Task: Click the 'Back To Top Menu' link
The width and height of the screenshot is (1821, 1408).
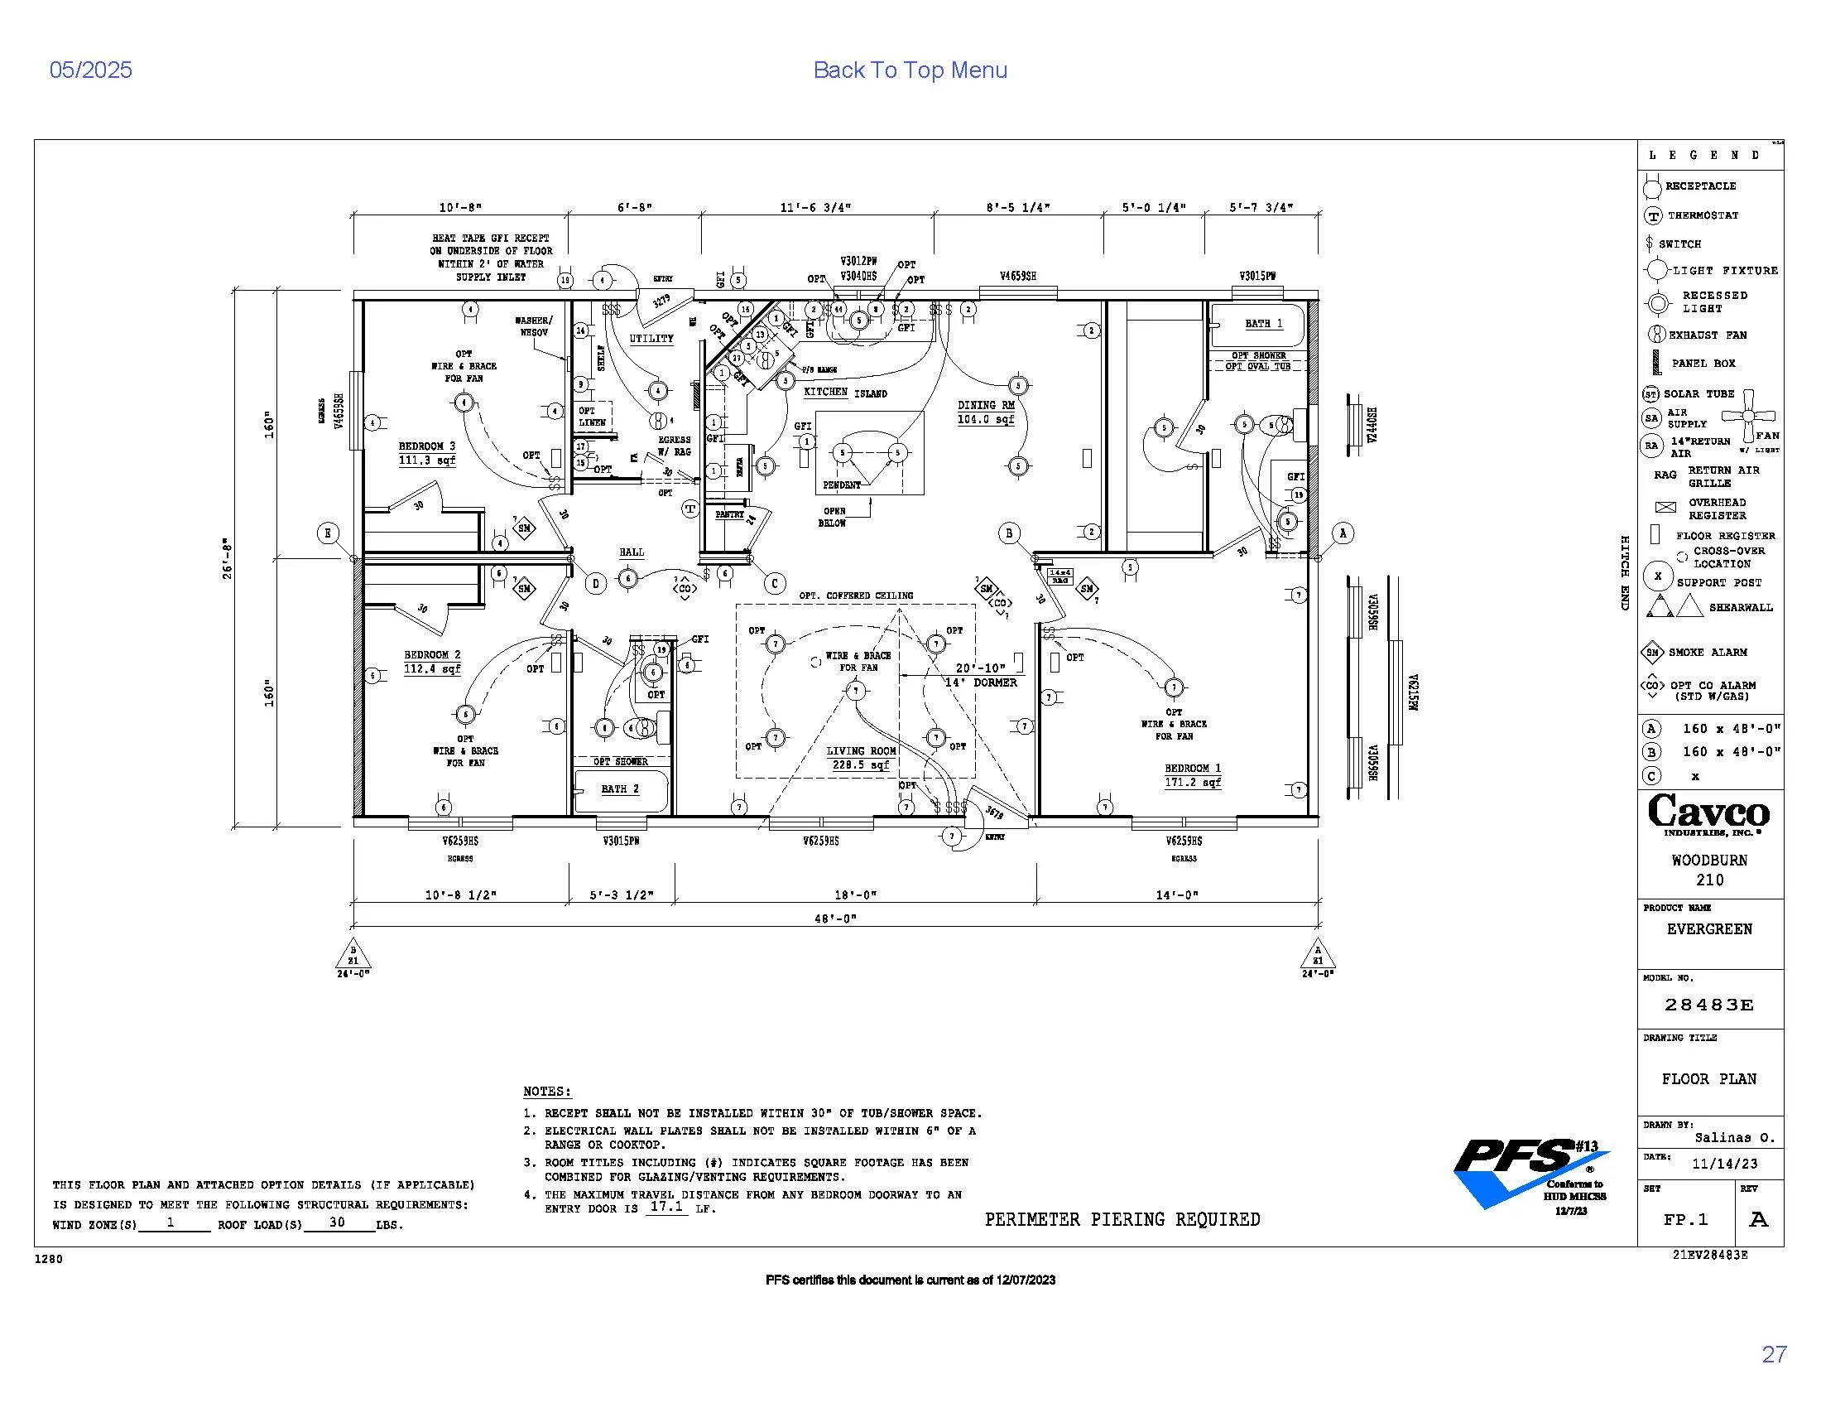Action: click(x=910, y=70)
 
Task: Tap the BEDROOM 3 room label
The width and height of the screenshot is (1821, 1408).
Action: click(x=427, y=446)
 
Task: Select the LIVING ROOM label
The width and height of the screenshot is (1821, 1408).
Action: click(x=861, y=750)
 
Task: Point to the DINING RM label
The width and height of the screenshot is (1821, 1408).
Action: click(x=986, y=405)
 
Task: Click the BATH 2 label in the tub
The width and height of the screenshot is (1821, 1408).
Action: click(x=619, y=788)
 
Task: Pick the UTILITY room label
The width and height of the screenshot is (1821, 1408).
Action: click(x=651, y=339)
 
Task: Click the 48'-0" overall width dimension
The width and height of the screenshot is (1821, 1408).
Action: click(x=835, y=919)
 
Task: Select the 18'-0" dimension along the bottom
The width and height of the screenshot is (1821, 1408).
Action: click(x=856, y=895)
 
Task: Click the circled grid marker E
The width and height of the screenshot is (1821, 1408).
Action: click(x=329, y=533)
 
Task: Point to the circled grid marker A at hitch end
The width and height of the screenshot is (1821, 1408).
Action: click(x=1343, y=533)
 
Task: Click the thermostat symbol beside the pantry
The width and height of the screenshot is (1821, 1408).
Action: click(x=690, y=509)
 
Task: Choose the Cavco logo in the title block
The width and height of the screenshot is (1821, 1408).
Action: click(x=1708, y=813)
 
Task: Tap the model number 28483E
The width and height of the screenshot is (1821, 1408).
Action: click(x=1708, y=1005)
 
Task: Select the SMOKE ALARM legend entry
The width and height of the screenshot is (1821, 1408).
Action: click(x=1706, y=653)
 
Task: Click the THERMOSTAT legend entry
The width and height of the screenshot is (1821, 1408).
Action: click(x=1702, y=215)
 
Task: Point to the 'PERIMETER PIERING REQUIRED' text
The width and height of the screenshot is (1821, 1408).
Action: click(x=1122, y=1219)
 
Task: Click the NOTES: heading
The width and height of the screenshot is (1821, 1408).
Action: click(x=547, y=1092)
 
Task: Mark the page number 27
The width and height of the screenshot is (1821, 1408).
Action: click(x=1775, y=1355)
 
